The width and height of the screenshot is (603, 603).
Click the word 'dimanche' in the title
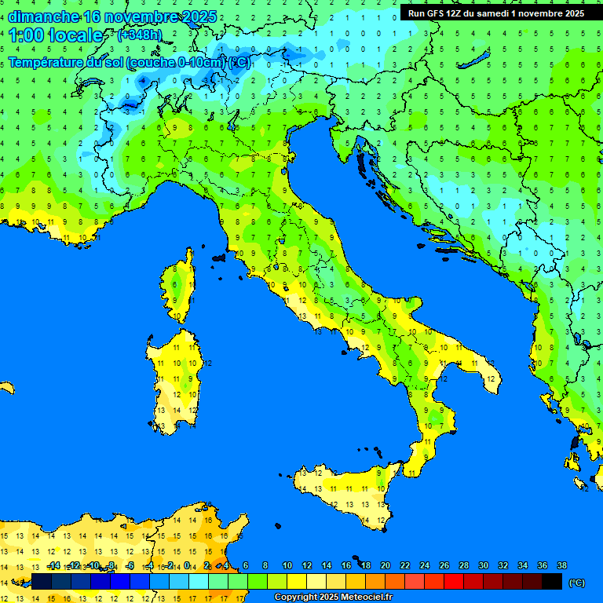(43, 16)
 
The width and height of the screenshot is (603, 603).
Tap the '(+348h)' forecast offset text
(139, 35)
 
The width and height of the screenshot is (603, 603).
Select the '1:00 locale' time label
(56, 35)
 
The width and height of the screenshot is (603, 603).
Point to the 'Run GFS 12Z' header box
(495, 13)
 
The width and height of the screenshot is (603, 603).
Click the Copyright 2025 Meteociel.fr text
(333, 598)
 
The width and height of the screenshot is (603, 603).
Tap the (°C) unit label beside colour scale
(576, 583)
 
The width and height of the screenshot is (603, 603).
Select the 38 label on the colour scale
(561, 566)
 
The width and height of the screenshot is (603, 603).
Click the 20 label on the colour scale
(386, 566)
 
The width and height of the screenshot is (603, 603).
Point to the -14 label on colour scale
(53, 566)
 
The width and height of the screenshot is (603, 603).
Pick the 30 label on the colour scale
(483, 566)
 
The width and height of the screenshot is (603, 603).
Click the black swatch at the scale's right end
(552, 581)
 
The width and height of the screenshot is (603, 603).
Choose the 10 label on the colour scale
(287, 566)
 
